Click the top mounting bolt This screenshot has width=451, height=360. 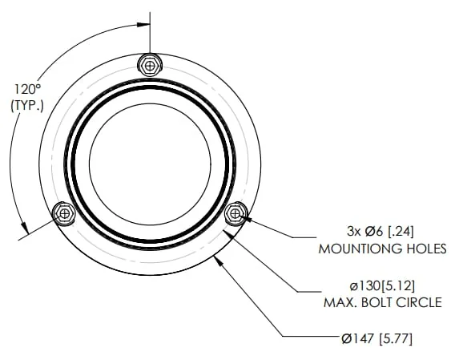click(150, 65)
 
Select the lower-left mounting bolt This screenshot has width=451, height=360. click(64, 213)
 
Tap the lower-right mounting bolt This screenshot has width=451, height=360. click(236, 213)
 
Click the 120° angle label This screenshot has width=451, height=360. click(28, 89)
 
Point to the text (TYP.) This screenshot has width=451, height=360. click(27, 106)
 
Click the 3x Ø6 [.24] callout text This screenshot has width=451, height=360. click(381, 232)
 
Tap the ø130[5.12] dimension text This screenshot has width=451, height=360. click(382, 286)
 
